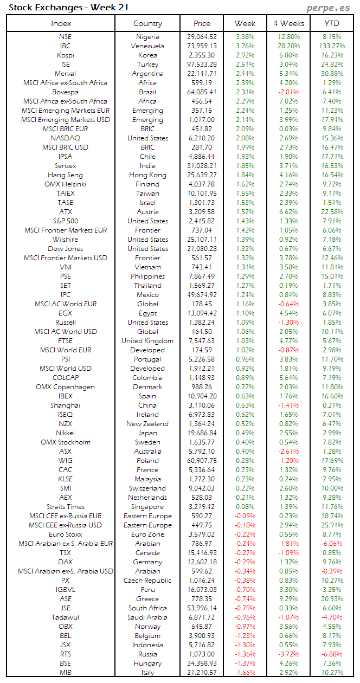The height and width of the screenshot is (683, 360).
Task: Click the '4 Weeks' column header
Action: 288,23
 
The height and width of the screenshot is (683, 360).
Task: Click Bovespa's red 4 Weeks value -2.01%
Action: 288,92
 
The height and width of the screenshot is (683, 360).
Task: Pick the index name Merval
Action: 65,74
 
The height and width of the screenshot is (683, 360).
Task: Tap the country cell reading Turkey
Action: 147,65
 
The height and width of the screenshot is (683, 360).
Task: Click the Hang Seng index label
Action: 65,175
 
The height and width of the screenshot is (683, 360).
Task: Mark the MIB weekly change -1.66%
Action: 245,673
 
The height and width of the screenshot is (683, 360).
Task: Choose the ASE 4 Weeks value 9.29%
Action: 288,599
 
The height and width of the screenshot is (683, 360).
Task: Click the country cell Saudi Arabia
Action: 147,617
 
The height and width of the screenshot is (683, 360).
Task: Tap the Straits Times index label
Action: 65,507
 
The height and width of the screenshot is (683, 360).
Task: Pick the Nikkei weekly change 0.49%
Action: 245,433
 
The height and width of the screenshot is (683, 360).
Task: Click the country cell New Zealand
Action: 147,424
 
